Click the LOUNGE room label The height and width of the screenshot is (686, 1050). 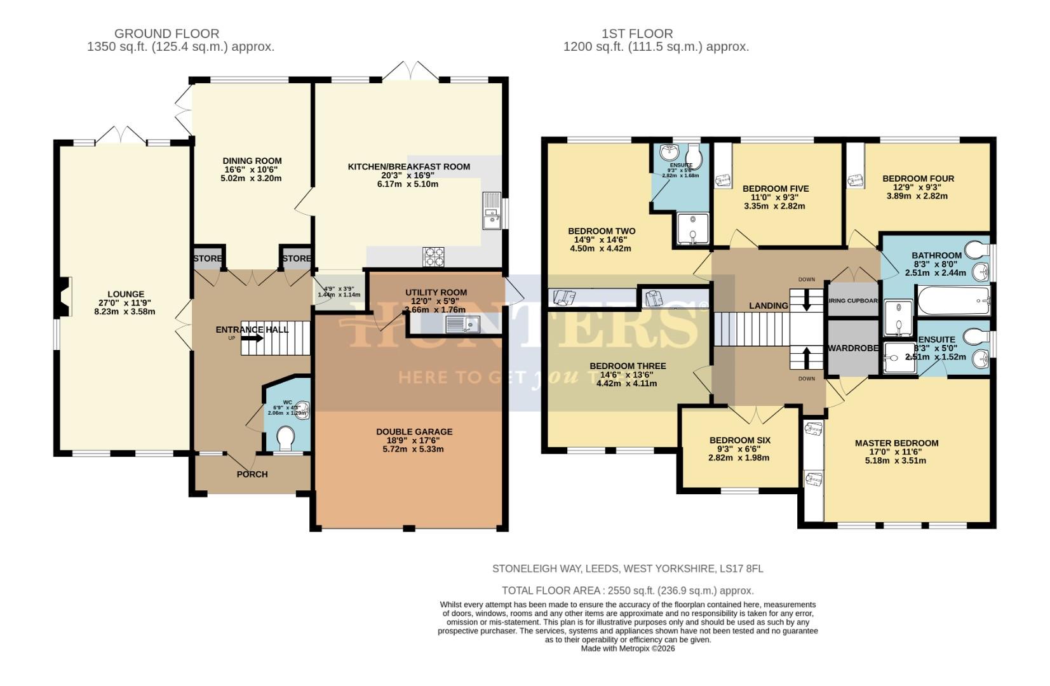click(126, 294)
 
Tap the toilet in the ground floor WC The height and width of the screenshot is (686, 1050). click(286, 437)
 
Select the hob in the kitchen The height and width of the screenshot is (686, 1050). click(434, 255)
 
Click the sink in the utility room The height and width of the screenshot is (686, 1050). click(462, 325)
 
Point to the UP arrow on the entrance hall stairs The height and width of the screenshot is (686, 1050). click(252, 338)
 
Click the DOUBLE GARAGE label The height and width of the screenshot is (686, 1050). click(414, 432)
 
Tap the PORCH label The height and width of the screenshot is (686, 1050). click(252, 474)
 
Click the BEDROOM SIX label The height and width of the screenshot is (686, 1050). click(739, 440)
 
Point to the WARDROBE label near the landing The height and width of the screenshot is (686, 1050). click(852, 348)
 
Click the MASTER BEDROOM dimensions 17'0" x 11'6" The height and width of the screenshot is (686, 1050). click(896, 452)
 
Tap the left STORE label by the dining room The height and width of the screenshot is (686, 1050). click(208, 259)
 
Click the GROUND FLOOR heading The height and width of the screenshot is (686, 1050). click(167, 34)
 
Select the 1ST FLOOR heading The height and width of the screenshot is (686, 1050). click(637, 34)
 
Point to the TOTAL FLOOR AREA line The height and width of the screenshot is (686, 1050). click(628, 590)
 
